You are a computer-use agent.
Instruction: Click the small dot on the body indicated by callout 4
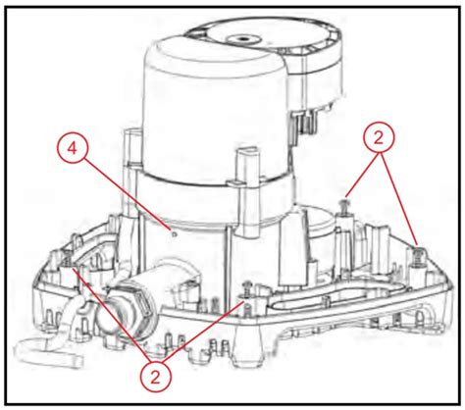pyautogui.click(x=173, y=233)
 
